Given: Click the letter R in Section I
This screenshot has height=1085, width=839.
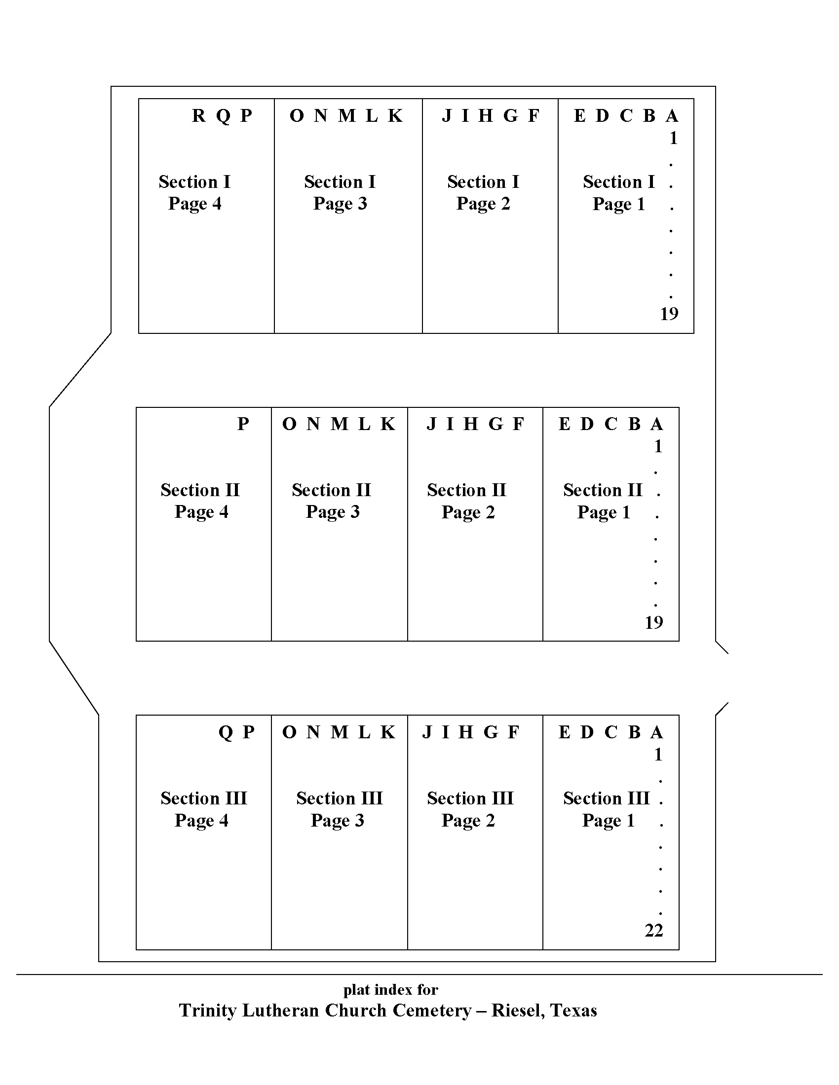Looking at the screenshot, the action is [x=198, y=116].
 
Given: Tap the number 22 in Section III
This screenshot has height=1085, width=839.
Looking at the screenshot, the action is [x=653, y=931].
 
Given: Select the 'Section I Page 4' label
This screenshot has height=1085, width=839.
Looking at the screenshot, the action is [x=195, y=193].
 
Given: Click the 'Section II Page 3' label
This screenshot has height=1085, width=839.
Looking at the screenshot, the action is [x=332, y=501].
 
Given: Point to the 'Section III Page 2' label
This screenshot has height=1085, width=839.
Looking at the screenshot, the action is [x=470, y=809].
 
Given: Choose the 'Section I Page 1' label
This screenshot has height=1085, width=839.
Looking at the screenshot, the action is [x=619, y=193].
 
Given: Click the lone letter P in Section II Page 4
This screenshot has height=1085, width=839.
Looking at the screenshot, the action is [x=243, y=424].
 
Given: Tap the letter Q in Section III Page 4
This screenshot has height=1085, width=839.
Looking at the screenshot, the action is [x=225, y=733].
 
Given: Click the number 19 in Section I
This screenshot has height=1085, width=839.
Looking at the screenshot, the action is [x=669, y=314].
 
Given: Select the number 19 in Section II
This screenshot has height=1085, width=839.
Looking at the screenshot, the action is [x=653, y=622].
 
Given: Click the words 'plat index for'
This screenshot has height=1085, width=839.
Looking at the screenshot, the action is [x=391, y=990].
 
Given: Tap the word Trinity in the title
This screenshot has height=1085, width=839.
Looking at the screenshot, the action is [x=207, y=1011].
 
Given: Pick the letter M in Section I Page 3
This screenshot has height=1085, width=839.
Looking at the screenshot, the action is [x=347, y=116].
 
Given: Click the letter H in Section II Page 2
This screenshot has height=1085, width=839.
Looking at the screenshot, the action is [x=471, y=424].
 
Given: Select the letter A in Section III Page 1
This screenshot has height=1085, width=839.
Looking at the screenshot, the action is [x=656, y=733].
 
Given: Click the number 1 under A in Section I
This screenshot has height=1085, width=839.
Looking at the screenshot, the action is [x=673, y=138].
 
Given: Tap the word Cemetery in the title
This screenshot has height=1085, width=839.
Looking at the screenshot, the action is [x=431, y=1011].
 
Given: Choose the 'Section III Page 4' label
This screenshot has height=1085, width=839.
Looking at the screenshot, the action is [x=203, y=809].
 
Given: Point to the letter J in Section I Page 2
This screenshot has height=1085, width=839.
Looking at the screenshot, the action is [x=446, y=116].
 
